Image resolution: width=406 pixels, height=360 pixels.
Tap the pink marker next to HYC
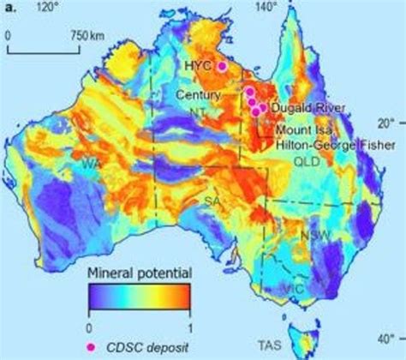pyautogui.click(x=223, y=66)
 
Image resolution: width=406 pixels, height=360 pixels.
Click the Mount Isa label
pyautogui.click(x=303, y=130)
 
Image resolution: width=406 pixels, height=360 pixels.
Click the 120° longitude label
pyautogui.click(x=49, y=7)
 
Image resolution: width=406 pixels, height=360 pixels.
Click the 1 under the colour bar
pyautogui.click(x=188, y=326)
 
